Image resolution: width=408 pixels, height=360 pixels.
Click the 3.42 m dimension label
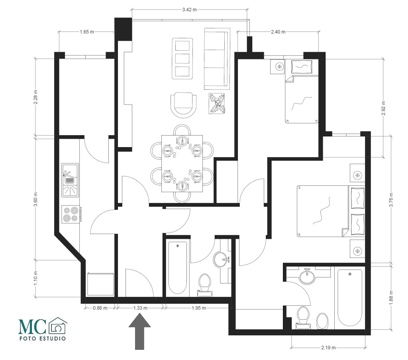[x=189, y=10]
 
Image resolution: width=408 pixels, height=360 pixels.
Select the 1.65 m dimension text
[x=86, y=32]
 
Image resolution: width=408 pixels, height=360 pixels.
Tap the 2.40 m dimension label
[x=278, y=32]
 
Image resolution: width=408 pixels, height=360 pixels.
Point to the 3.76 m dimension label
[x=391, y=200]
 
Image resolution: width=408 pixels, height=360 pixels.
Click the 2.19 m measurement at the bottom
[x=328, y=347]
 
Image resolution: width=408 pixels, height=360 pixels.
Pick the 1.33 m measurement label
[x=140, y=308]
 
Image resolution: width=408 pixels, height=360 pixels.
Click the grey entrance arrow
[x=140, y=331]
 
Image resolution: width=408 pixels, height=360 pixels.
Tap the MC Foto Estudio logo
[x=43, y=329]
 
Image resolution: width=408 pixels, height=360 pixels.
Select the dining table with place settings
[x=182, y=163]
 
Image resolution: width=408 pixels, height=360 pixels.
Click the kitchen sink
[x=70, y=180]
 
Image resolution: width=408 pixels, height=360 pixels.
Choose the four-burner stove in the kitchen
[x=71, y=214]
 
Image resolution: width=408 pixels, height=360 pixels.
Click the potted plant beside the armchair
[x=217, y=103]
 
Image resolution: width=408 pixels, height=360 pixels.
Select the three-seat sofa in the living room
[x=217, y=59]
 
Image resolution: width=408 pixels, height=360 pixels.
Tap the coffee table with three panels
[x=182, y=59]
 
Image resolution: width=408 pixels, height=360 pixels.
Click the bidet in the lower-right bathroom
[x=322, y=321]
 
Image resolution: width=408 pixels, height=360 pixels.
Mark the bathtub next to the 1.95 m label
[x=177, y=269]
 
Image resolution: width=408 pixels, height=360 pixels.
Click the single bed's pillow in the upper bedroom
[x=302, y=67]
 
